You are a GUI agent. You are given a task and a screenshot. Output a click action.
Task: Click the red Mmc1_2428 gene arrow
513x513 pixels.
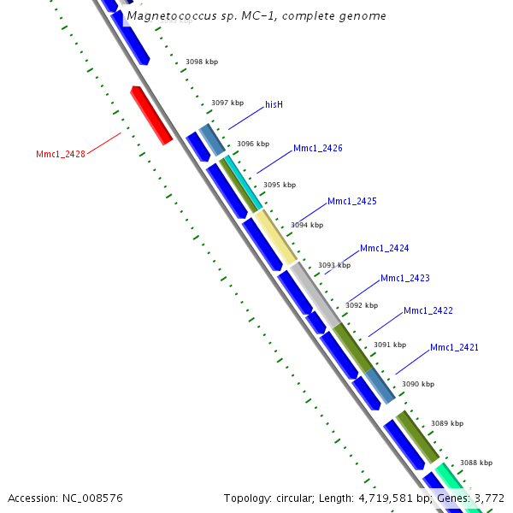point(151,115)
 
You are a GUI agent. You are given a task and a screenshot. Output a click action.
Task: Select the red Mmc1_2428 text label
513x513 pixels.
point(60,155)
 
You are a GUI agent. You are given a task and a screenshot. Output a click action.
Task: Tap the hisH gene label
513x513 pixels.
point(274,105)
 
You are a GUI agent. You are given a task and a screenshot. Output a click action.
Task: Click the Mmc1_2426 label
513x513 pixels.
point(317,149)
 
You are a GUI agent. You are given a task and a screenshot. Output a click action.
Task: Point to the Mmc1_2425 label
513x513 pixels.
point(351,202)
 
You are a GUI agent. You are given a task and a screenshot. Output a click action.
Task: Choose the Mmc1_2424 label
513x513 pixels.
point(384,249)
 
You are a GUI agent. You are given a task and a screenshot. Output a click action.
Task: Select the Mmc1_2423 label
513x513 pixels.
point(404,279)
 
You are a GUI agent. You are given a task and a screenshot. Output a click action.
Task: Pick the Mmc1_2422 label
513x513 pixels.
point(427,311)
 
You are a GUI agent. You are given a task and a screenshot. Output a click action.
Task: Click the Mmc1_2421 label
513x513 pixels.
point(454,348)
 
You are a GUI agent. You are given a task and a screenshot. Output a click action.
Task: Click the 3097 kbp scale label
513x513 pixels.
point(227,103)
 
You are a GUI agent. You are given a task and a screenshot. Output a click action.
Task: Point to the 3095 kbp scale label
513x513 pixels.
point(280,185)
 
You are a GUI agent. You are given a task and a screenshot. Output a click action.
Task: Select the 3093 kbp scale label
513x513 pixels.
point(334,266)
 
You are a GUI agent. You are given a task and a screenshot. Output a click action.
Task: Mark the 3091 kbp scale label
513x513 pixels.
point(390,345)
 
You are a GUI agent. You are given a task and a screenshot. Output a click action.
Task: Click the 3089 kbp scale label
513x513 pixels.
point(446,424)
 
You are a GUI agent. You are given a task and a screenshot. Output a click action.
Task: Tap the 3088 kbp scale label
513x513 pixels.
point(476,463)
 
